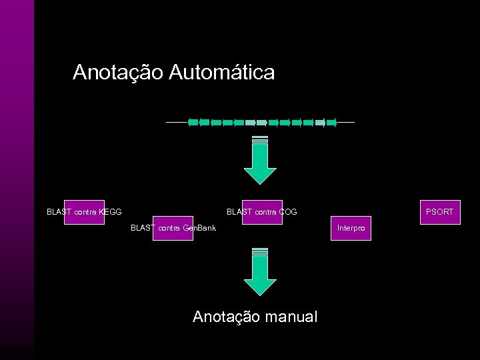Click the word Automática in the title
[x=221, y=72]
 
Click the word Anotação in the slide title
[x=118, y=72]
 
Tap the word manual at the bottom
[x=288, y=317]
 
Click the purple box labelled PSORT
[x=439, y=212]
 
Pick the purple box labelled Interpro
[x=351, y=228]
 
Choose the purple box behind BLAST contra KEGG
[x=84, y=212]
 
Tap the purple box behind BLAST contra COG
[x=262, y=212]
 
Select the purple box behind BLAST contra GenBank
[x=173, y=228]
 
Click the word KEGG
[x=110, y=212]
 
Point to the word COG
[x=288, y=212]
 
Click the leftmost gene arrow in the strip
[x=193, y=123]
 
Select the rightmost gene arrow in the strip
[x=331, y=123]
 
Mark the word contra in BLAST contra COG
[x=265, y=212]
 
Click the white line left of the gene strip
[x=176, y=123]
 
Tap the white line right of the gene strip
[x=346, y=123]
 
